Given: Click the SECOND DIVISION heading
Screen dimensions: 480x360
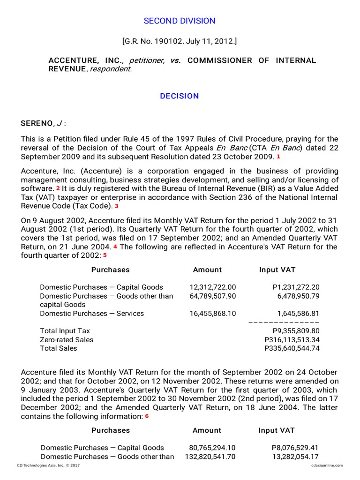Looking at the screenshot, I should (x=180, y=21).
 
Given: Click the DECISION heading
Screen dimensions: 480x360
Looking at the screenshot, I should (x=180, y=96).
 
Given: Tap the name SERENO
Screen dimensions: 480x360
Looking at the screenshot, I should (x=37, y=124).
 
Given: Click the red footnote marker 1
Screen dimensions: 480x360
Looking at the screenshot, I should (x=278, y=156).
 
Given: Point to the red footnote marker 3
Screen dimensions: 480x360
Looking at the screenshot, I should (x=117, y=206).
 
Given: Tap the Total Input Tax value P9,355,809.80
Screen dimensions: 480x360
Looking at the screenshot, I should (x=295, y=331).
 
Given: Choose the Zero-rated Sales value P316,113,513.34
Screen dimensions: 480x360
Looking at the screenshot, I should (x=292, y=340).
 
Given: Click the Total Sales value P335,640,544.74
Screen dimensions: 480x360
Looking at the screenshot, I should (x=292, y=348).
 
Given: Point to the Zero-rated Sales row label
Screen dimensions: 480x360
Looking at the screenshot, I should (x=67, y=340).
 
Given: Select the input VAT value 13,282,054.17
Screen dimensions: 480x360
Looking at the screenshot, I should (x=296, y=457).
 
